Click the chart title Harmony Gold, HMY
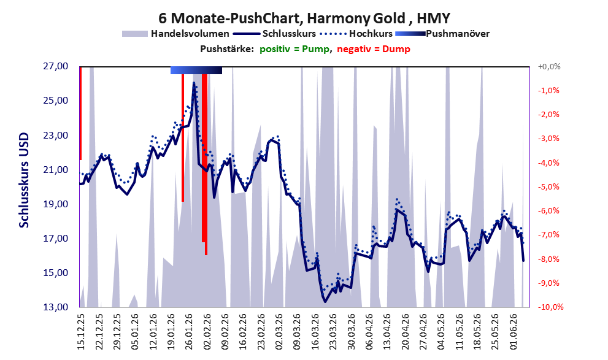(304, 18)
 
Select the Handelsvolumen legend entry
(175, 34)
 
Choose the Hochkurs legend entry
(356, 34)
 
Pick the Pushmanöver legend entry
(442, 34)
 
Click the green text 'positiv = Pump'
(294, 49)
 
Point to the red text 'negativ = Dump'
(374, 49)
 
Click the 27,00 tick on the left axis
(55, 66)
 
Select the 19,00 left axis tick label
(55, 204)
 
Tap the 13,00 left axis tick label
(55, 307)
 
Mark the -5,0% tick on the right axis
(548, 187)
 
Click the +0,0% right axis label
(549, 67)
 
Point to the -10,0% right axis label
(550, 307)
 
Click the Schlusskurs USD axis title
(24, 180)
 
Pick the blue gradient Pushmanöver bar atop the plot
(196, 70)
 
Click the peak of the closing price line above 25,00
(194, 83)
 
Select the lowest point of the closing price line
(325, 302)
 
